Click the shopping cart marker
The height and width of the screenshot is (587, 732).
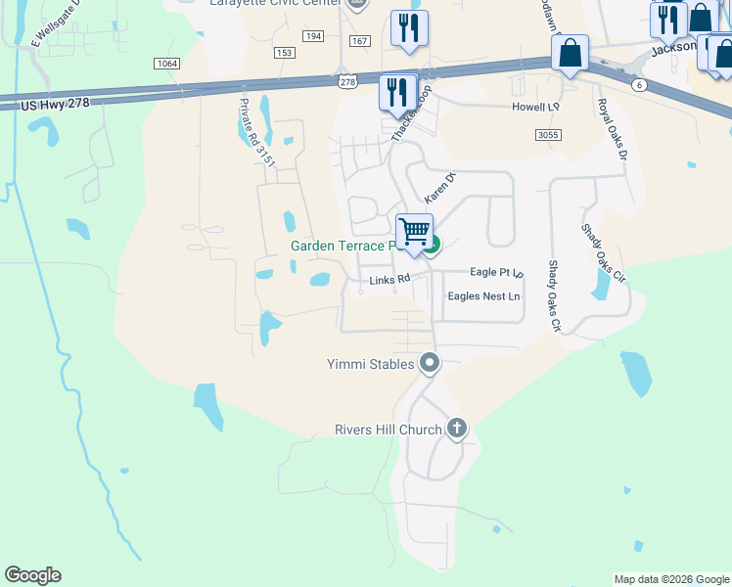[x=414, y=233]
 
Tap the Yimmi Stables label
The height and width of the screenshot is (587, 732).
[x=370, y=364]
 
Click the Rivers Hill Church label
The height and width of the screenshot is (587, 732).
[x=389, y=429]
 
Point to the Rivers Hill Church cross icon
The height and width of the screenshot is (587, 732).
[x=456, y=429]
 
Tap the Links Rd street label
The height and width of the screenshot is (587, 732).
[x=388, y=281]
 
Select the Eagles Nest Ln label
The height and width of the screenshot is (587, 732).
[x=483, y=295]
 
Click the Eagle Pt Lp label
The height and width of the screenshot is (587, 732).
[x=497, y=272]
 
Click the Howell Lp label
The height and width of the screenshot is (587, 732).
[x=535, y=107]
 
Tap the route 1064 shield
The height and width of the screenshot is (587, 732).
[x=167, y=64]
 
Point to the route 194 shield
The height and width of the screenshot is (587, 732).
[x=313, y=36]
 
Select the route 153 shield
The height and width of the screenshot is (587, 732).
[x=285, y=53]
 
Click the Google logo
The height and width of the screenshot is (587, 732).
[x=32, y=575]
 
